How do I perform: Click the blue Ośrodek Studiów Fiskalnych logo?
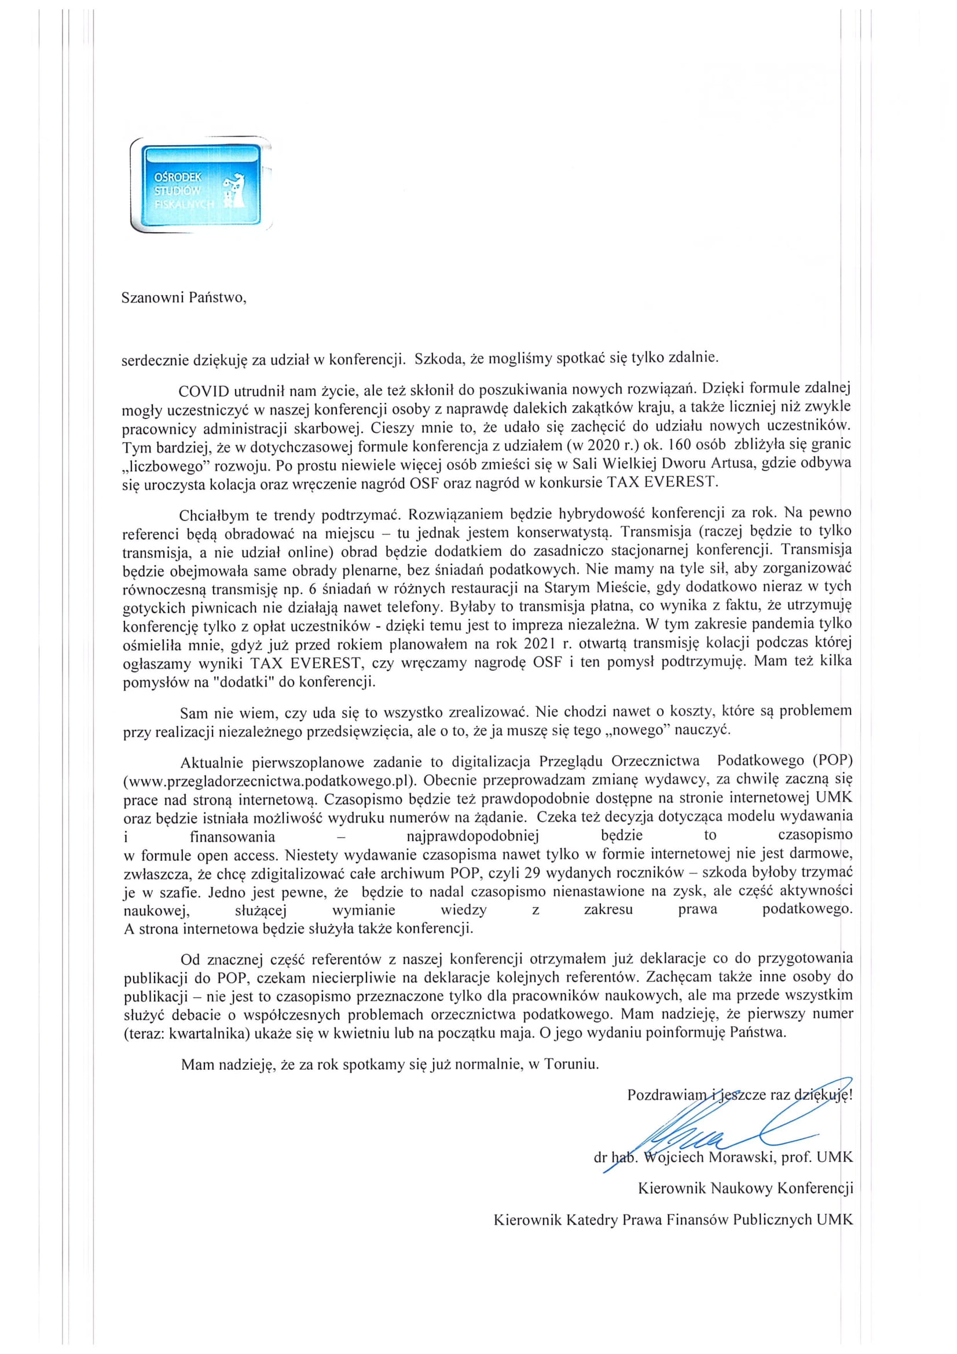tap(200, 184)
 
